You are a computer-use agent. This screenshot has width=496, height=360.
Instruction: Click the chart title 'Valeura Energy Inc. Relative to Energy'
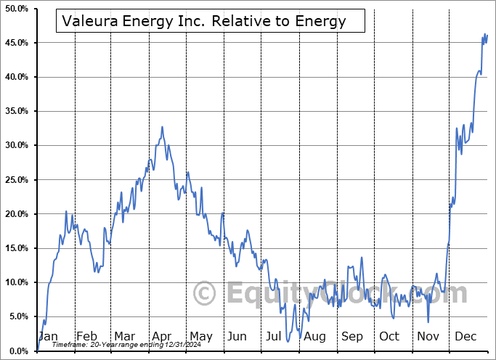[x=204, y=21]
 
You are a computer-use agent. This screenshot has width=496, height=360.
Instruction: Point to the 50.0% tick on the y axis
[x=16, y=9]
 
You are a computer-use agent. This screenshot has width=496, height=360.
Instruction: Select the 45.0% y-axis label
[x=16, y=43]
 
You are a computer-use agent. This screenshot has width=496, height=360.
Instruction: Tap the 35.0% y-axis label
[x=16, y=111]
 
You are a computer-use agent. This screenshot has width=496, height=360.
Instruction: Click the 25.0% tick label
[x=16, y=180]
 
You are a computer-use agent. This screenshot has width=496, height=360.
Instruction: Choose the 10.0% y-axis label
[x=16, y=282]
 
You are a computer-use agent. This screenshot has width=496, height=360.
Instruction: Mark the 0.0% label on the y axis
[x=18, y=351]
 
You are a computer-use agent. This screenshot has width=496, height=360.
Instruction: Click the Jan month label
[x=48, y=336]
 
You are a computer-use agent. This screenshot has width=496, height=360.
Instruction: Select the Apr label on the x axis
[x=161, y=336]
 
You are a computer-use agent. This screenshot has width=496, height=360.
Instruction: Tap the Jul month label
[x=275, y=336]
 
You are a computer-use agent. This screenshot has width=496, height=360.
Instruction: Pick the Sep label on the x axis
[x=352, y=336]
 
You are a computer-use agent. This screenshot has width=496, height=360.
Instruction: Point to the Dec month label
[x=465, y=336]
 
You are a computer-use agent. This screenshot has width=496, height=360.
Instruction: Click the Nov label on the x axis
[x=428, y=336]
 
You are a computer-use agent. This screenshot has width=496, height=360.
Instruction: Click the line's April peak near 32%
[x=162, y=128]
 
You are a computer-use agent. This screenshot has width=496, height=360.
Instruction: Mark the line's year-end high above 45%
[x=485, y=34]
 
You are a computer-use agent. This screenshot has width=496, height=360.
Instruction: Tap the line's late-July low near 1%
[x=288, y=340]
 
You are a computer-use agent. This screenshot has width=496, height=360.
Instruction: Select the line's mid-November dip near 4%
[x=428, y=322]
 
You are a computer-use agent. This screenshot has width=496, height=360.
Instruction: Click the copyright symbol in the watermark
[x=205, y=294]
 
